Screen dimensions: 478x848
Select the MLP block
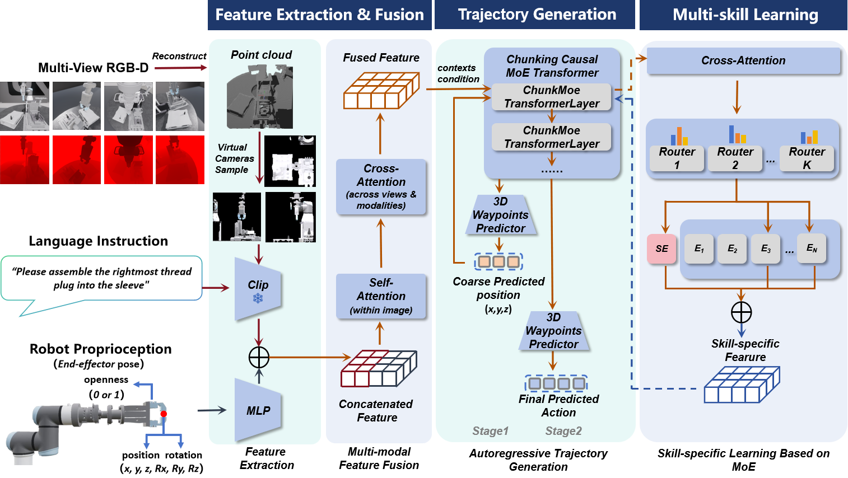pos(258,410)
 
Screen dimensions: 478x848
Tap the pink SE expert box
pos(661,249)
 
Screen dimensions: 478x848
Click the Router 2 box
pos(735,158)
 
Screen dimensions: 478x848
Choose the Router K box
pos(807,158)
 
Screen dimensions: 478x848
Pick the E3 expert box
pos(765,249)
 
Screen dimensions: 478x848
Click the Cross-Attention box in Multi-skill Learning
pos(743,60)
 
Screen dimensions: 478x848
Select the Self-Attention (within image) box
pos(381,296)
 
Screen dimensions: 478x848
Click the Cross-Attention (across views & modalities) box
pos(381,186)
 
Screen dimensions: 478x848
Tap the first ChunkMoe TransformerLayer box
pos(551,97)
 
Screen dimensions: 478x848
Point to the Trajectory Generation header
pos(537,15)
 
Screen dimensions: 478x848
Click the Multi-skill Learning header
pos(745,15)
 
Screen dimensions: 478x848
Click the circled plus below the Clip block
pos(259,357)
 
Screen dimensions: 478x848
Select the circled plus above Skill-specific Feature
pos(741,312)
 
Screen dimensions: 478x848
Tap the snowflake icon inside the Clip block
pos(258,298)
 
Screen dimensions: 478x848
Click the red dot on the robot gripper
pos(164,414)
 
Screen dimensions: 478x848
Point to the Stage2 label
pos(563,431)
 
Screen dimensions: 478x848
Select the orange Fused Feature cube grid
pos(381,91)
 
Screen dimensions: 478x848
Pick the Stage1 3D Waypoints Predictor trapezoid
pos(500,215)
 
